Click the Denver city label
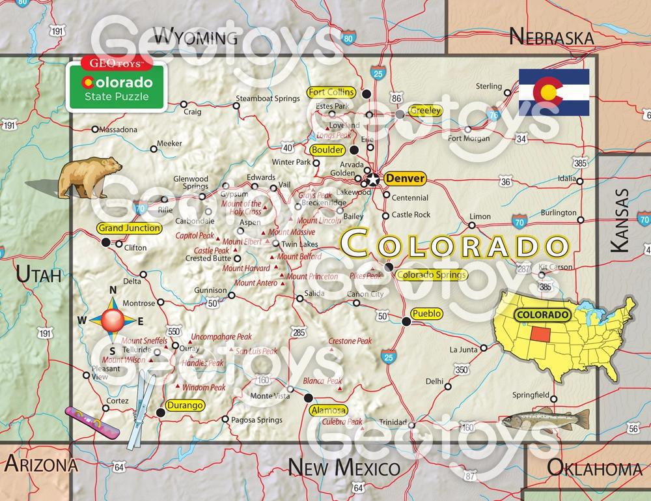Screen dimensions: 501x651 pos(404,178)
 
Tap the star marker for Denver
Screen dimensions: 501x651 pos(373,178)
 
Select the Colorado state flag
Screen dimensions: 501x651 pos(554,92)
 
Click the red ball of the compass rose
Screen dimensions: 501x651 pos(112,319)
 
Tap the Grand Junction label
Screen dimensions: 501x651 pos(129,228)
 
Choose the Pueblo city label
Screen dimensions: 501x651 pos(427,313)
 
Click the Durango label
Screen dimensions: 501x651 pos(185,405)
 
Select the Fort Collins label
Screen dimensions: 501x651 pos(331,92)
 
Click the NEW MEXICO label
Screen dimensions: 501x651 pos(344,467)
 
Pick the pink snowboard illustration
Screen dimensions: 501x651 pos(92,422)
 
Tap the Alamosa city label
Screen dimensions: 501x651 pos(328,410)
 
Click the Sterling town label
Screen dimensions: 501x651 pos(489,86)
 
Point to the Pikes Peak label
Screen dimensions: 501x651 pos(366,276)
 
